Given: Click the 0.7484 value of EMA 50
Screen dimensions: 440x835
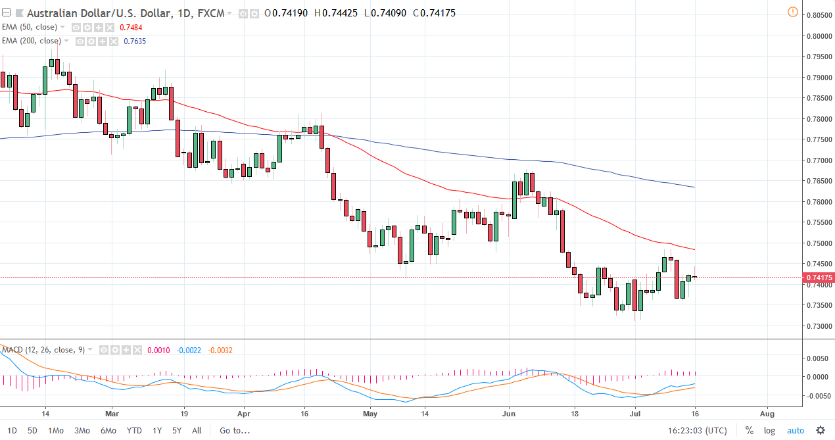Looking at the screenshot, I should pyautogui.click(x=131, y=27).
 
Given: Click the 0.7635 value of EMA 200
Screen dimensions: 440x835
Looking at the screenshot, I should pyautogui.click(x=135, y=41).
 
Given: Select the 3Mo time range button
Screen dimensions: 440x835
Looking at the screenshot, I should pyautogui.click(x=82, y=430).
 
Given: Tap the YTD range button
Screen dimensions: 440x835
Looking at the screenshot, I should pyautogui.click(x=134, y=430).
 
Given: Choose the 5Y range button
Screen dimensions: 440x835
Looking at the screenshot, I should pyautogui.click(x=176, y=430).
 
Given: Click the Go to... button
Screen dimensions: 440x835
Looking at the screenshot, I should pyautogui.click(x=235, y=430).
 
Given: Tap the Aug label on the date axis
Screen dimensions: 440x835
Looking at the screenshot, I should pyautogui.click(x=767, y=414).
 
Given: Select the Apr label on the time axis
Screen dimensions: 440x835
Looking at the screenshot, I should pyautogui.click(x=244, y=414).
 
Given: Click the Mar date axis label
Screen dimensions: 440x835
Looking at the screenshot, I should pyautogui.click(x=112, y=414).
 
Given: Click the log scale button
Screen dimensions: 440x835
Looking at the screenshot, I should pyautogui.click(x=769, y=430).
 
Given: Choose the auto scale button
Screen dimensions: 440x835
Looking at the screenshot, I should pyautogui.click(x=796, y=430).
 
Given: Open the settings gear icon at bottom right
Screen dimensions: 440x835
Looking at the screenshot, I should pyautogui.click(x=820, y=430).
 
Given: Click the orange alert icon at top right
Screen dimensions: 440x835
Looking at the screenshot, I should pyautogui.click(x=792, y=12).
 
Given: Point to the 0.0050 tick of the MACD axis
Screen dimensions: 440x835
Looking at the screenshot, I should pyautogui.click(x=816, y=358).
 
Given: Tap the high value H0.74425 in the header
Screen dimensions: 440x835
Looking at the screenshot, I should pyautogui.click(x=337, y=13).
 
